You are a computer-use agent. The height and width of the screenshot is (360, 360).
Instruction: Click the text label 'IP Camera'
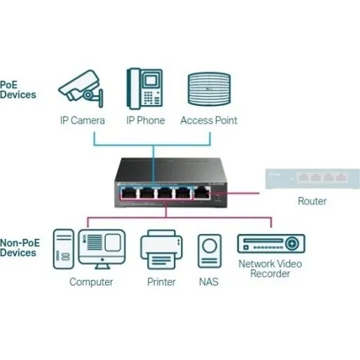[82, 120]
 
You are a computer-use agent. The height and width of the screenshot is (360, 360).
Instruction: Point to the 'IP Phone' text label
[145, 120]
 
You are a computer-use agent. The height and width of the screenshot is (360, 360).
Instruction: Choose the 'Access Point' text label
[209, 120]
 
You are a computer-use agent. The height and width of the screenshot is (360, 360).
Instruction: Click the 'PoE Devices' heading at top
[18, 89]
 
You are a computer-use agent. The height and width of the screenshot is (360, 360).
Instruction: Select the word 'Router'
[311, 202]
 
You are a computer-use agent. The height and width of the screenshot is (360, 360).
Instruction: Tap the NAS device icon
[209, 251]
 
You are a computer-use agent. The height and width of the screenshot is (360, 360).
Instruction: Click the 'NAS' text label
[209, 282]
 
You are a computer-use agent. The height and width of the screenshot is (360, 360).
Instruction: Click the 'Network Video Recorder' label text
[270, 269]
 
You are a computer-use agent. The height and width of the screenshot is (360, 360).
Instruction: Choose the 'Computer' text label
[91, 282]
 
